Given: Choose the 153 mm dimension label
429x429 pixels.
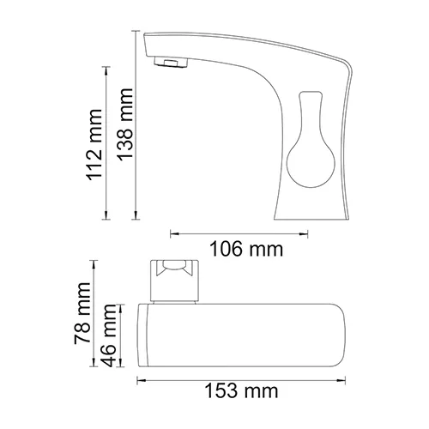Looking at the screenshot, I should pyautogui.click(x=242, y=392).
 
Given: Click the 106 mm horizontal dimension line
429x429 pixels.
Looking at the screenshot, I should pyautogui.click(x=227, y=232).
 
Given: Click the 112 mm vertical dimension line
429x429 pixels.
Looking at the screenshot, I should pyautogui.click(x=106, y=142).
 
